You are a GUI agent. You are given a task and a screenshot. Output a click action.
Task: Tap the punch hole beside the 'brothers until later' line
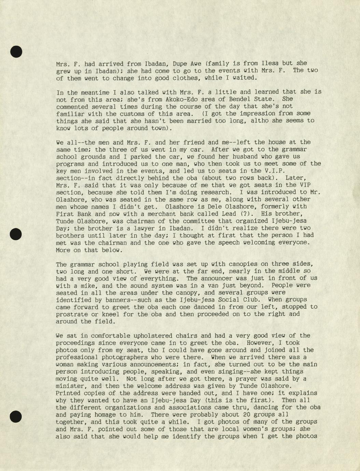[16, 234]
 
